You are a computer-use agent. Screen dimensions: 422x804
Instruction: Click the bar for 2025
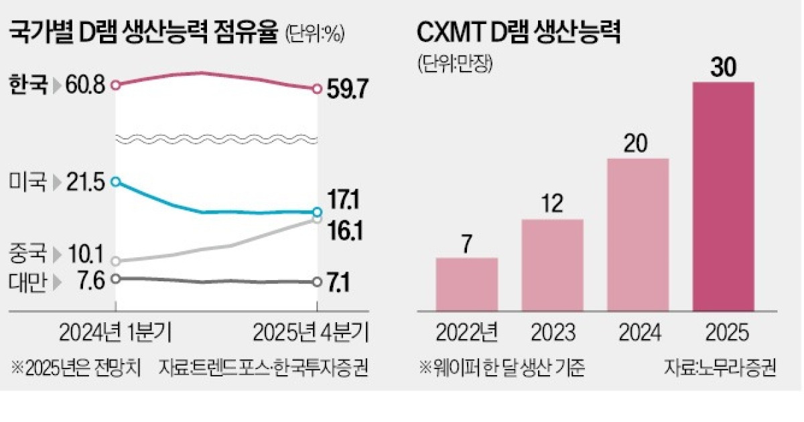723,196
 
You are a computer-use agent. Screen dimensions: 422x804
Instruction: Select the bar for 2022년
466,284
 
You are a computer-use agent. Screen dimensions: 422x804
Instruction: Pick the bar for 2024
637,234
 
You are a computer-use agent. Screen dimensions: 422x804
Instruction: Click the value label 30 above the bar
723,67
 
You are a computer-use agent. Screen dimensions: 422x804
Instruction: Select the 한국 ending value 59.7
348,90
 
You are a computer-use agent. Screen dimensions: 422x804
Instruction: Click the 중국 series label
27,255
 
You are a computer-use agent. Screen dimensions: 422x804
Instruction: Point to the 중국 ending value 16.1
346,232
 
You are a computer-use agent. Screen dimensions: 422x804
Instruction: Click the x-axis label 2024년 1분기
115,332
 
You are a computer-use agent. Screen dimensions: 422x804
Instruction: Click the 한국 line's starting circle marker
116,85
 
